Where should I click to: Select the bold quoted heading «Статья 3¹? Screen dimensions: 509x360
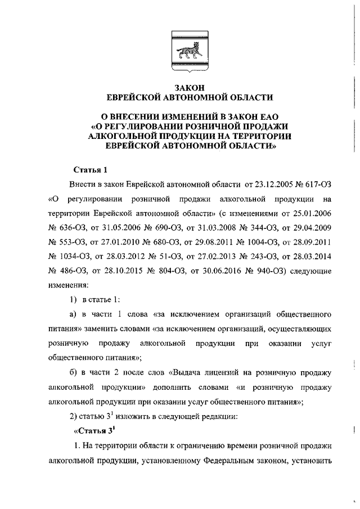pos(94,431)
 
